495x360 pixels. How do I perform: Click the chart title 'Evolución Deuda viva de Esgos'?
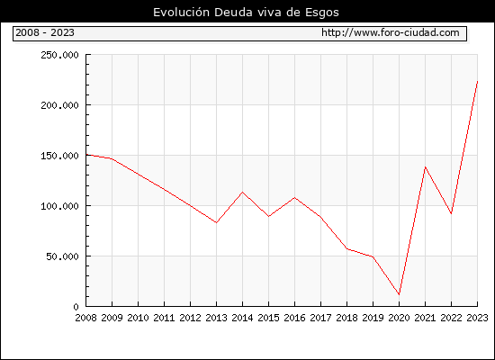click(x=246, y=13)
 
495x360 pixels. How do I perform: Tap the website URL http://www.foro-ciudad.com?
click(x=391, y=32)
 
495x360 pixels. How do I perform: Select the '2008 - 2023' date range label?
click(x=45, y=32)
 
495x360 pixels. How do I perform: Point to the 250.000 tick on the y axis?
click(x=59, y=55)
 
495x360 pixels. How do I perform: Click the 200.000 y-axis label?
click(x=59, y=105)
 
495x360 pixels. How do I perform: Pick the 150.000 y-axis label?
click(x=59, y=156)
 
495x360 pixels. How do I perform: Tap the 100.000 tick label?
click(x=59, y=206)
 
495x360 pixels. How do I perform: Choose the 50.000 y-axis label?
click(x=62, y=256)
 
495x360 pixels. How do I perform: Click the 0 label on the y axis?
click(x=76, y=307)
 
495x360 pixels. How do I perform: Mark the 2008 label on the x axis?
click(x=85, y=318)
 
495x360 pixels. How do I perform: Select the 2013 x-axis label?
click(x=216, y=318)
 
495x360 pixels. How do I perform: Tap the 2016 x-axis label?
click(x=294, y=318)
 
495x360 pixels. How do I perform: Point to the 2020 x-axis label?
click(x=399, y=318)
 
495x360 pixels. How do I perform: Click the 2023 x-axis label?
click(x=477, y=318)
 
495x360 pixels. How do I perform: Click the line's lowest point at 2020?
click(x=399, y=294)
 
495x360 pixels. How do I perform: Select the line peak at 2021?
click(x=425, y=166)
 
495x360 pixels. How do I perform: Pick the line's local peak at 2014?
click(x=242, y=192)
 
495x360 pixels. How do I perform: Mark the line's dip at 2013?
click(x=216, y=222)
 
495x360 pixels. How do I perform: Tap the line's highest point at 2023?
click(x=477, y=82)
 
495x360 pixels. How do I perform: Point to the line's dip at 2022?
click(x=451, y=214)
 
